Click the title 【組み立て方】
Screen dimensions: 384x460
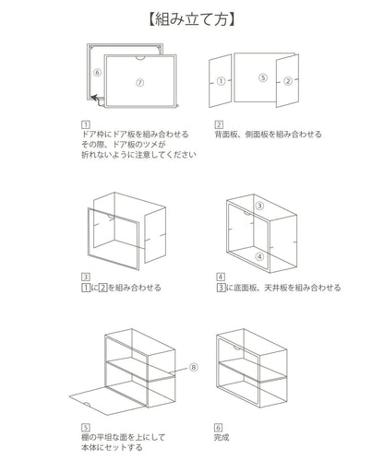192,19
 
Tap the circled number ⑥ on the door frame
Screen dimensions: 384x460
97,73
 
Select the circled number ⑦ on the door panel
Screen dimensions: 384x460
140,82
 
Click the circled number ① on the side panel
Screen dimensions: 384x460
222,81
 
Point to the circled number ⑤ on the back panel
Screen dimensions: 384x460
263,77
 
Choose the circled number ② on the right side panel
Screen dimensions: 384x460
288,81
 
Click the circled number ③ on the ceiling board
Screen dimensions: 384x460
260,206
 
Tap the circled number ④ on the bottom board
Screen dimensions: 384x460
260,256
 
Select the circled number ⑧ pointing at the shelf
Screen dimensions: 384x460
194,367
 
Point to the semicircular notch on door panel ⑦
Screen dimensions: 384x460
140,57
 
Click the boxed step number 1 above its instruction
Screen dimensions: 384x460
86,124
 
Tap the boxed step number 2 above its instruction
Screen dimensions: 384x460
219,124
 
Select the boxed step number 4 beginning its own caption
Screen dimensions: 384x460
221,277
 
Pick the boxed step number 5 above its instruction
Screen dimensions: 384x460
86,428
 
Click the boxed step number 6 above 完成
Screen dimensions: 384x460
218,428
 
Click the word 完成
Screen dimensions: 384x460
222,437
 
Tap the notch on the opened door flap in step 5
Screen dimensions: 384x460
87,404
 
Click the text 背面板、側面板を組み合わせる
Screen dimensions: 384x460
268,135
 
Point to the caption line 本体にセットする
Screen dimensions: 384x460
112,447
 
